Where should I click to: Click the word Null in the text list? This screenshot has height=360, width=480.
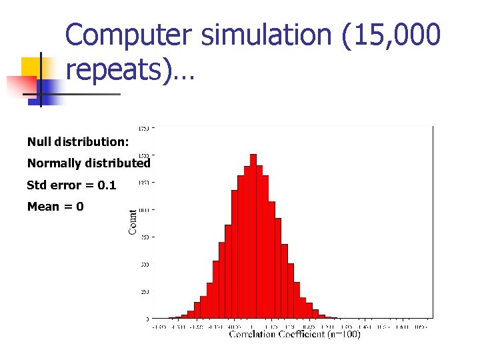[x=39, y=141]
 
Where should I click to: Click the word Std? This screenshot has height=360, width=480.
[x=37, y=185]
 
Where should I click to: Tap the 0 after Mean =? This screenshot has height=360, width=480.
[x=80, y=207]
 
